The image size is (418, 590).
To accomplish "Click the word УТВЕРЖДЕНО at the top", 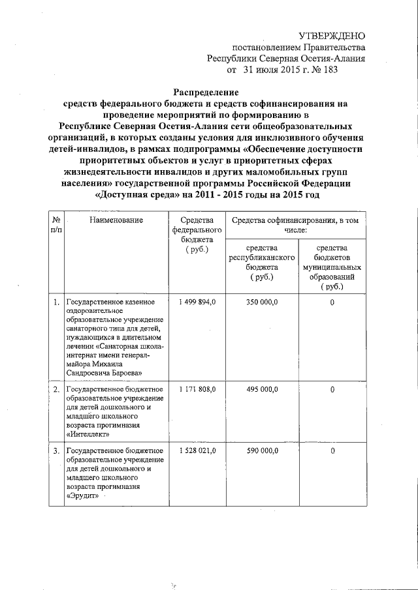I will click(x=332, y=35).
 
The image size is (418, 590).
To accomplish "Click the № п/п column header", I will click(x=56, y=226).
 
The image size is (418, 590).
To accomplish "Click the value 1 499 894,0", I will click(x=197, y=302).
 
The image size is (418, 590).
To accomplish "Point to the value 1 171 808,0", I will click(x=197, y=389).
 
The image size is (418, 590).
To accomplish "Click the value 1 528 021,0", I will click(x=197, y=450).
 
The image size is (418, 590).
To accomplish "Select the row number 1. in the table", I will click(x=56, y=302).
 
